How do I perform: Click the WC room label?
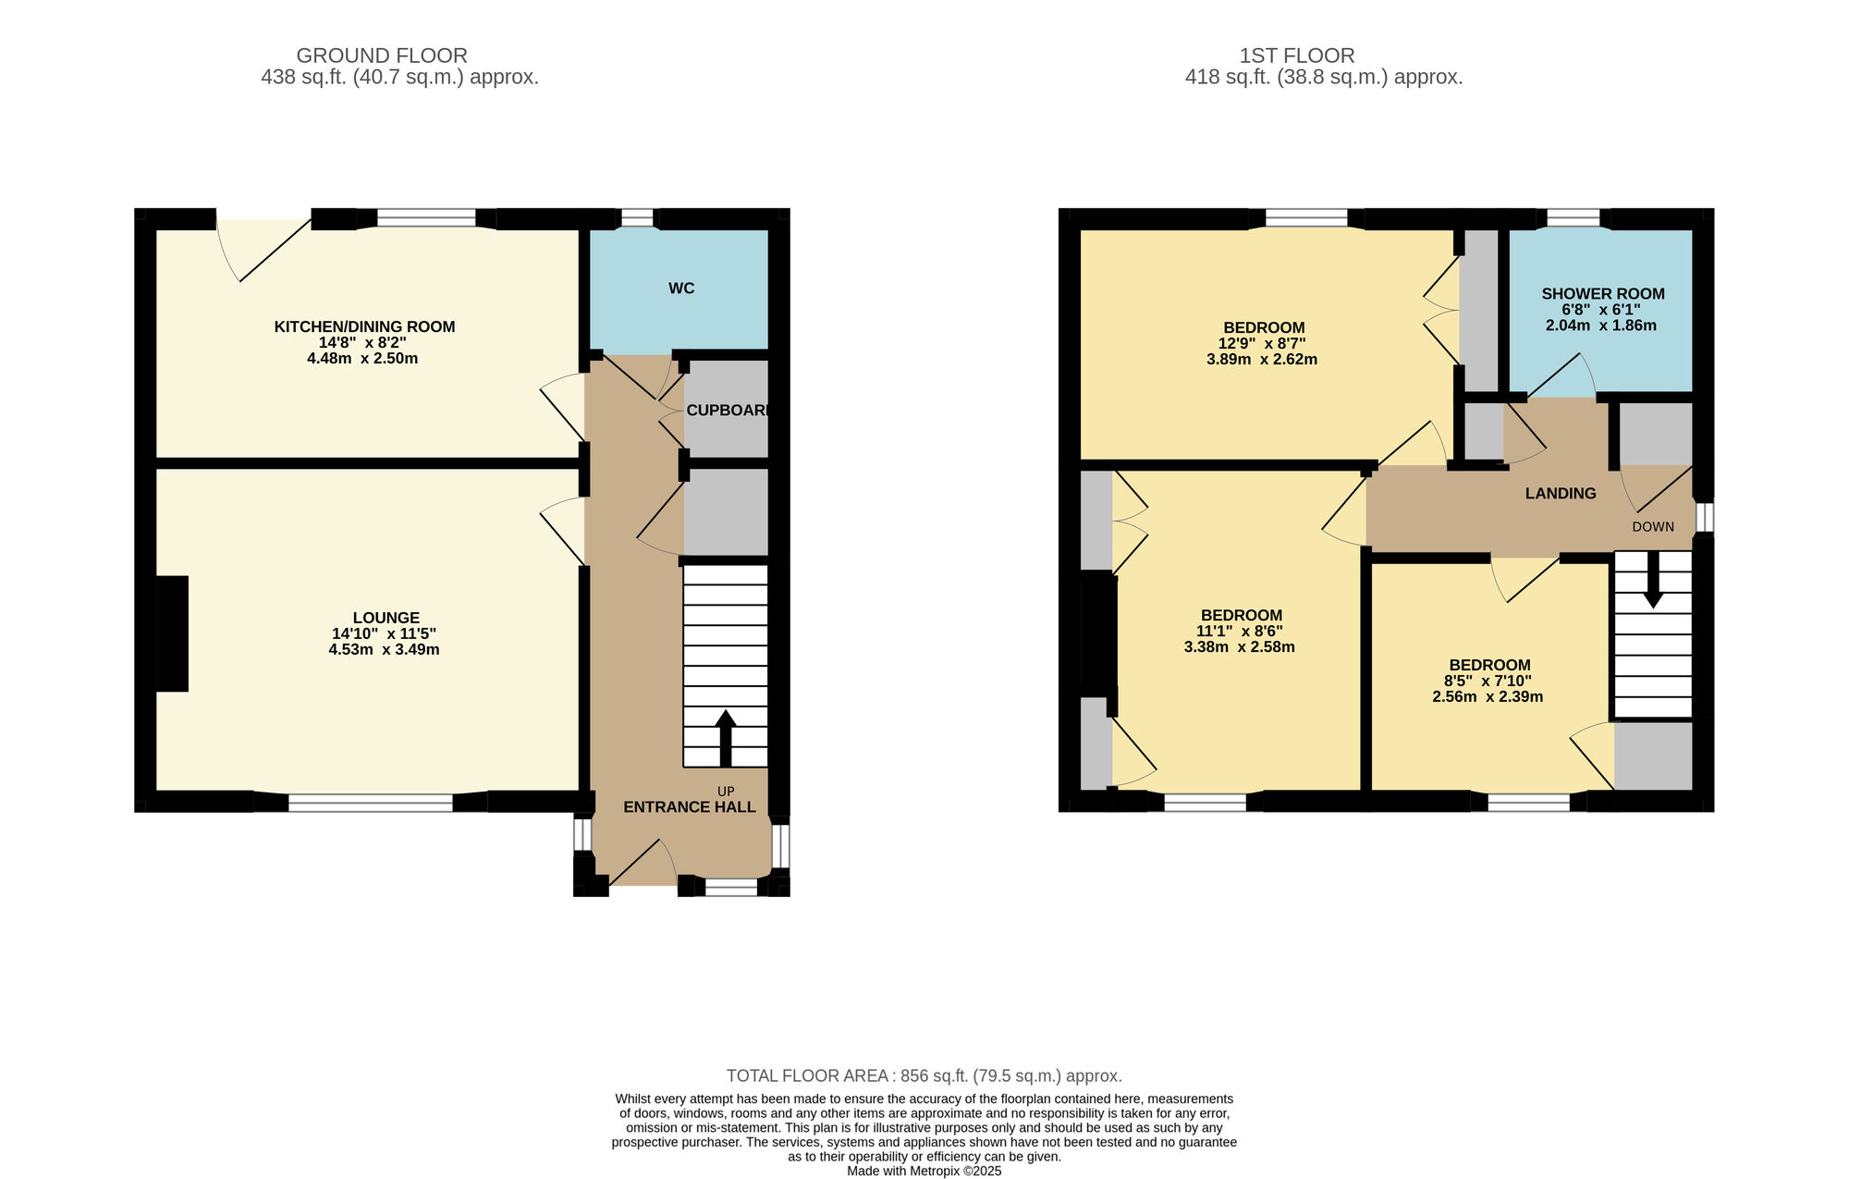(681, 289)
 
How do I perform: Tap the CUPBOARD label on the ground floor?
(728, 410)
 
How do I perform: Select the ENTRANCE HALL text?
(690, 807)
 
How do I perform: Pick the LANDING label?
(1561, 494)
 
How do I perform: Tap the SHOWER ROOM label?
(1603, 294)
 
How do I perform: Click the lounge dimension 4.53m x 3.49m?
(384, 650)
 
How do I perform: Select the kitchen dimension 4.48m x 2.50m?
(362, 359)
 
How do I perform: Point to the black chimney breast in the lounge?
(172, 633)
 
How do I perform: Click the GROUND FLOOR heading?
(382, 55)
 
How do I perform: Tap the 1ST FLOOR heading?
(1297, 55)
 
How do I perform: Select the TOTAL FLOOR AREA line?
(924, 1075)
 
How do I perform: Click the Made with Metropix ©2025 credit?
(924, 1171)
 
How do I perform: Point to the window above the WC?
(636, 218)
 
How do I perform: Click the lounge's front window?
(371, 803)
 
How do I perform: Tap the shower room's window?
(1573, 218)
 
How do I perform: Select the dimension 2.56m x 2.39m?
(1488, 697)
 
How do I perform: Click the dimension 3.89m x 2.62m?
(1262, 360)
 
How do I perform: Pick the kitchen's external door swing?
(264, 250)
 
